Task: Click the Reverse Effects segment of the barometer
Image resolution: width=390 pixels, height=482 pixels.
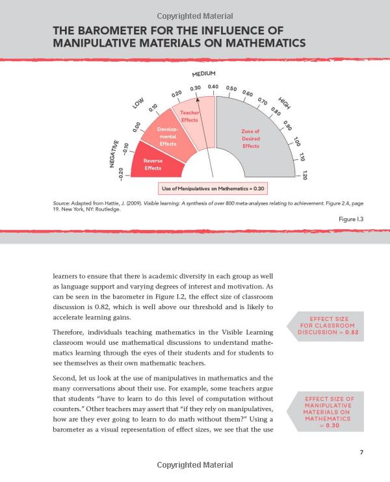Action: pyautogui.click(x=153, y=164)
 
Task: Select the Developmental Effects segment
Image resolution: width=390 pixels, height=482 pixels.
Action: pyautogui.click(x=168, y=136)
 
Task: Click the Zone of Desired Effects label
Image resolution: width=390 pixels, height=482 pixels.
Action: pyautogui.click(x=250, y=138)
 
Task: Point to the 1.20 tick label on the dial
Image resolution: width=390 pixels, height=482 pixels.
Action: pyautogui.click(x=304, y=174)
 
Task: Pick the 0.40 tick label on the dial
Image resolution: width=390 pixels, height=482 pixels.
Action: pyautogui.click(x=213, y=87)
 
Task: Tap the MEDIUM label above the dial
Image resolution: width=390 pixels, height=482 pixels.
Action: pyautogui.click(x=203, y=74)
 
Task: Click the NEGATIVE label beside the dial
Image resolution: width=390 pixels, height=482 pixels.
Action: pyautogui.click(x=115, y=153)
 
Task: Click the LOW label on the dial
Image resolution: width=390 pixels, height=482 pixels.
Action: pyautogui.click(x=138, y=103)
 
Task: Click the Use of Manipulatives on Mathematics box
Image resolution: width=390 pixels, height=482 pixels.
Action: pyautogui.click(x=213, y=188)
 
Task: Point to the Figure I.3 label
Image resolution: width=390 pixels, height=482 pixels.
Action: pyautogui.click(x=350, y=219)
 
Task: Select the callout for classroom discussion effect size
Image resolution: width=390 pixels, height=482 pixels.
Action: pyautogui.click(x=328, y=325)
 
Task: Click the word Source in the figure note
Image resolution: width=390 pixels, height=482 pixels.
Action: pyautogui.click(x=62, y=203)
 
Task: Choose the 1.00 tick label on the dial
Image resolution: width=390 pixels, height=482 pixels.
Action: pyautogui.click(x=296, y=141)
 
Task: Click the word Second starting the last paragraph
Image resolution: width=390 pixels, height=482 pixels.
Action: pyautogui.click(x=66, y=377)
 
